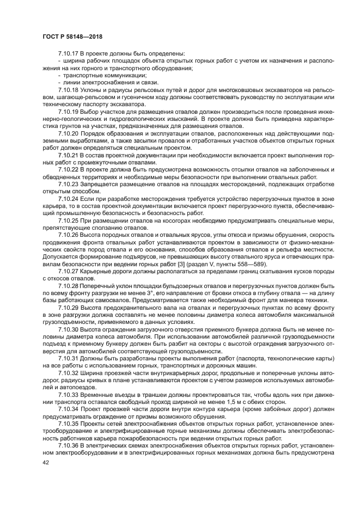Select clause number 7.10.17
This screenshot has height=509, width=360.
click(68, 54)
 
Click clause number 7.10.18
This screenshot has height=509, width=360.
click(68, 90)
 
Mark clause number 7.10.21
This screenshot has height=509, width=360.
click(68, 155)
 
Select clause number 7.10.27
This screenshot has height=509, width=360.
click(68, 270)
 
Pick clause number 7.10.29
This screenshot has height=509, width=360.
click(68, 306)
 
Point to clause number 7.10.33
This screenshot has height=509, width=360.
click(68, 393)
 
